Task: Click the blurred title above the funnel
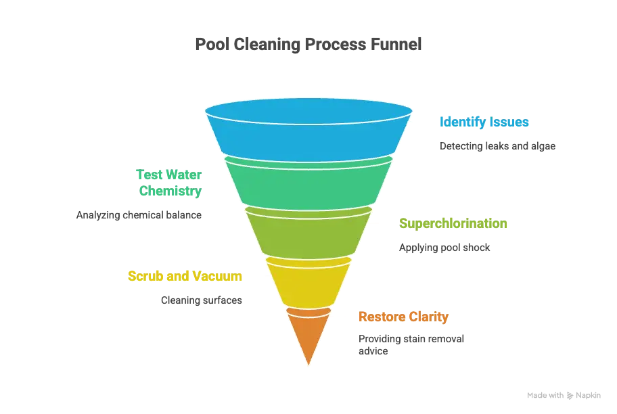(308, 45)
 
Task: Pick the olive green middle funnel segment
(308, 233)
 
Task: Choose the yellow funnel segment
(308, 281)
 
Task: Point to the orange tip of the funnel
(308, 335)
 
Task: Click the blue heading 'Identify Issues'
(484, 122)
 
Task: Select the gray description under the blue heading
(497, 145)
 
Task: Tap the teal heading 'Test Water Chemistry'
(170, 183)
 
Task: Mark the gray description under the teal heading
(140, 215)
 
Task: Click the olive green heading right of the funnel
(454, 224)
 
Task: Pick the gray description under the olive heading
(443, 248)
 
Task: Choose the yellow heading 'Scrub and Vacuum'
(185, 276)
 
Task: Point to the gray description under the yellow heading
(200, 300)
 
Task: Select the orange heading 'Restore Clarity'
(403, 317)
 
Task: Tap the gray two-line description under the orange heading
(410, 344)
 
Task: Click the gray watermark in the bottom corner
(562, 394)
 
